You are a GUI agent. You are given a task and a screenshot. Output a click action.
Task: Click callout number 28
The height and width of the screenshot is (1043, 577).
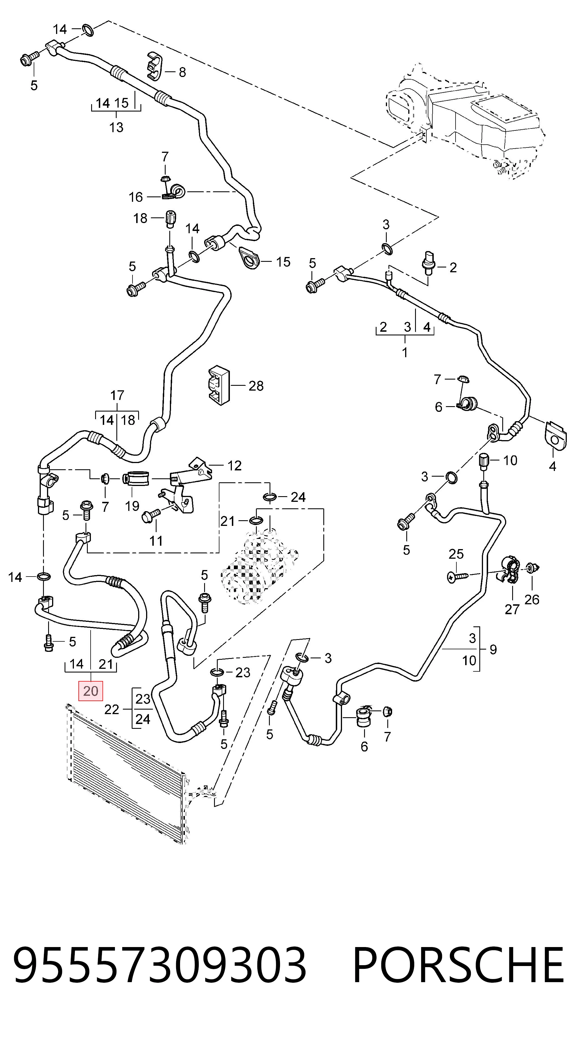pos(256,385)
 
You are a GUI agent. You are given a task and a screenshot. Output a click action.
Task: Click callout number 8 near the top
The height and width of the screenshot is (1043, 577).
pos(182,72)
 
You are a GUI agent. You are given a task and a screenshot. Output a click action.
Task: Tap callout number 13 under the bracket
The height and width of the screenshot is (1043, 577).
pos(116,127)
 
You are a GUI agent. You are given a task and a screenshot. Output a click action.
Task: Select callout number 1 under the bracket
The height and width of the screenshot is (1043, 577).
pos(405,352)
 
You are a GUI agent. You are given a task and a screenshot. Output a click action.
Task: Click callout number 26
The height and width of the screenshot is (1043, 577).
pos(532,599)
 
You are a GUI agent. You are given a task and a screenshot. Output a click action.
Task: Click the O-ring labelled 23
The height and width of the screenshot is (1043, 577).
pos(217,673)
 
